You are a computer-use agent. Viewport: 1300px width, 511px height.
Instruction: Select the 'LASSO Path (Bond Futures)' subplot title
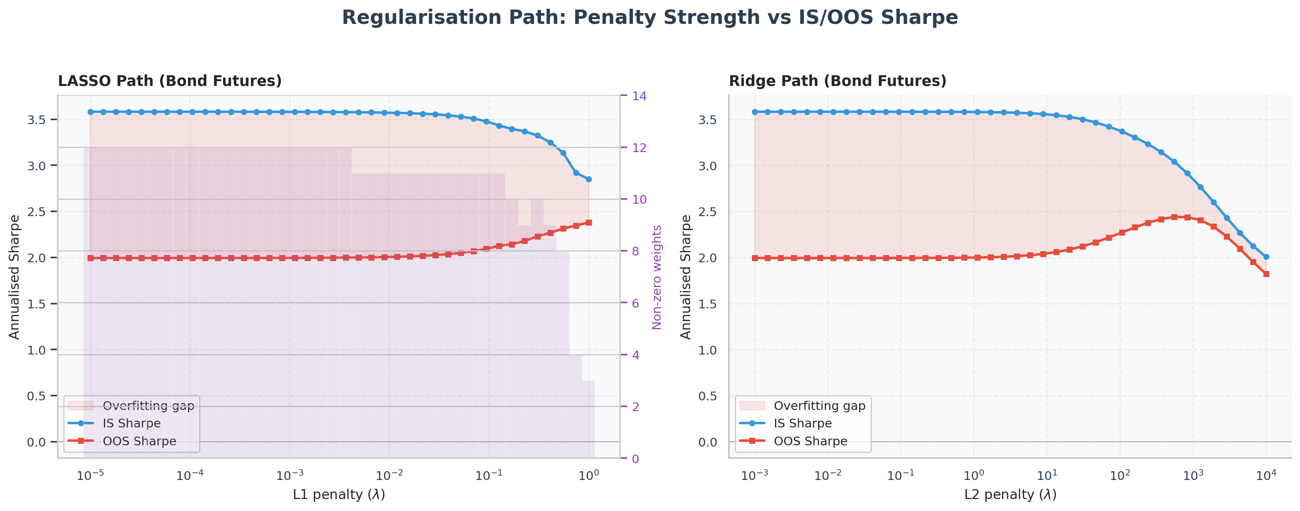(x=170, y=81)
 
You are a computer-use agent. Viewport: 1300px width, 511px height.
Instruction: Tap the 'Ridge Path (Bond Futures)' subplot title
(x=838, y=81)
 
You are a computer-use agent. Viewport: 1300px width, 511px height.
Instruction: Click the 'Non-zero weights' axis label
(x=656, y=277)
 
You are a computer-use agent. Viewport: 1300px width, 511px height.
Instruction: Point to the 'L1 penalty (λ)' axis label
(x=339, y=495)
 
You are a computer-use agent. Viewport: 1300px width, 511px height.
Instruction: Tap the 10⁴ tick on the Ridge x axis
(x=1266, y=475)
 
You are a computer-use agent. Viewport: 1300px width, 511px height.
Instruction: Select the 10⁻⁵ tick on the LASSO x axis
(x=91, y=475)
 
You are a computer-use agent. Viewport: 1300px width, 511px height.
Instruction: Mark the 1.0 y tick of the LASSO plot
(x=36, y=350)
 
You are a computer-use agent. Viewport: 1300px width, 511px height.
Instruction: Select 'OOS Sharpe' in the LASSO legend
(x=139, y=441)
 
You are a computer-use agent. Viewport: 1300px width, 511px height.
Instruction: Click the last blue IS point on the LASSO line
(x=588, y=179)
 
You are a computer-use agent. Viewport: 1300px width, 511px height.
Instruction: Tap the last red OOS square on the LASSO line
(x=588, y=222)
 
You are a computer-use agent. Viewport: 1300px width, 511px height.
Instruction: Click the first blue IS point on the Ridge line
(x=755, y=112)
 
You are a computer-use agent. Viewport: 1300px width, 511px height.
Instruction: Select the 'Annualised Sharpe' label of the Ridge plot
(x=686, y=277)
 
